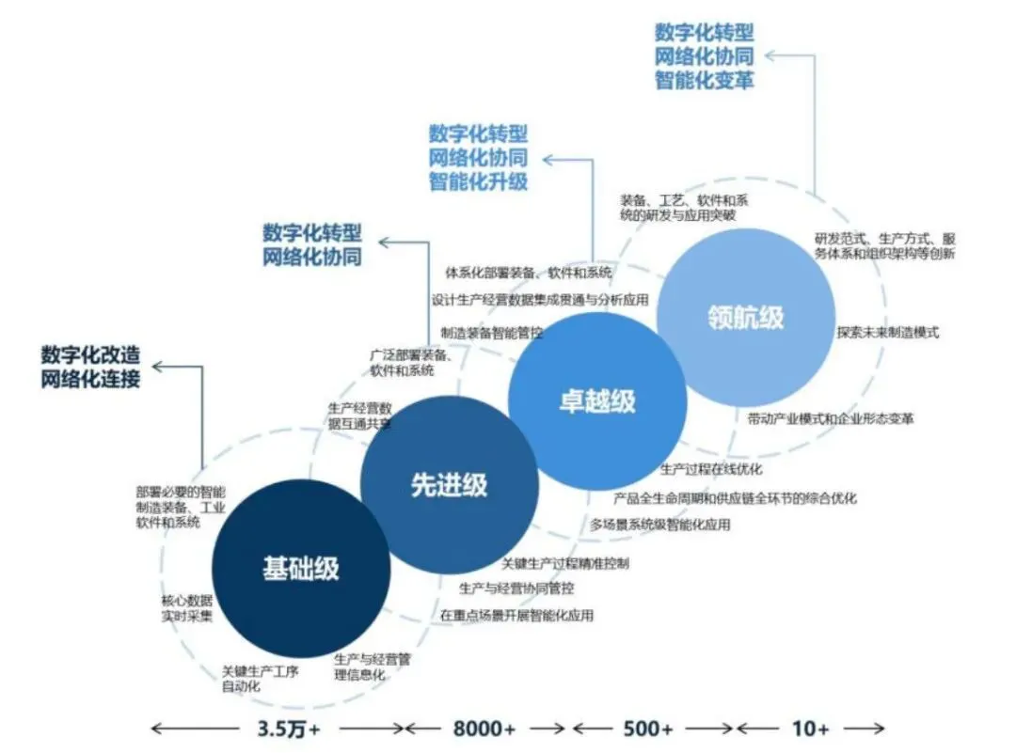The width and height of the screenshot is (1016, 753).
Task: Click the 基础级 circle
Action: (300, 569)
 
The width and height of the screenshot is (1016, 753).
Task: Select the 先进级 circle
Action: (449, 485)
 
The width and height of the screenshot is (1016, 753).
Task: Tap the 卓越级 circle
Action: (596, 401)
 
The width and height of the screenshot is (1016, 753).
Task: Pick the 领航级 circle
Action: (745, 318)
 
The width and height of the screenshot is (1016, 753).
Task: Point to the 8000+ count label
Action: (484, 729)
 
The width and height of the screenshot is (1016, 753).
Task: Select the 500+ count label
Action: (650, 729)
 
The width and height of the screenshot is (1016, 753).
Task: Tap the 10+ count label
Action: (810, 729)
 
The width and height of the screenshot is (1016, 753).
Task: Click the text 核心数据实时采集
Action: (187, 608)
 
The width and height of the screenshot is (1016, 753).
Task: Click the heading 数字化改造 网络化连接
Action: (90, 368)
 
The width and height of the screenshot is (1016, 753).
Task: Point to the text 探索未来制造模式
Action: (887, 333)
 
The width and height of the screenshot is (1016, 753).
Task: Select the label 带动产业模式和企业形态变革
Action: (831, 418)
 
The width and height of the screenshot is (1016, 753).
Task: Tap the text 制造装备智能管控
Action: (492, 333)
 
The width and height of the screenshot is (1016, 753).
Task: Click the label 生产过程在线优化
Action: (711, 469)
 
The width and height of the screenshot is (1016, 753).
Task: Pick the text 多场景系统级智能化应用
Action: (660, 525)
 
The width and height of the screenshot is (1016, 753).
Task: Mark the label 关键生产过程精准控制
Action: (565, 563)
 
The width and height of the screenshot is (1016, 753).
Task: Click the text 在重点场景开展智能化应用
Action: (516, 616)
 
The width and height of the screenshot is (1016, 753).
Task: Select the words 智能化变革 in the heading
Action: (705, 80)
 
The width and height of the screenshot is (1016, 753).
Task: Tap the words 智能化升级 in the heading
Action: (478, 180)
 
